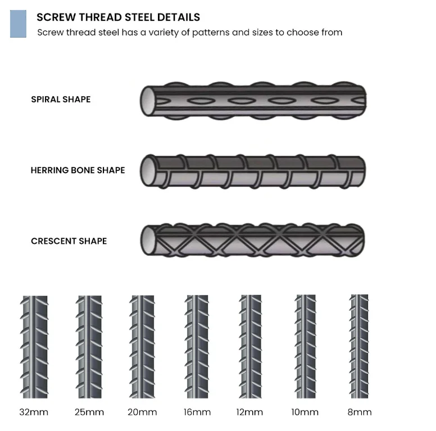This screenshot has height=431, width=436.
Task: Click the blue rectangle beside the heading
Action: [18, 24]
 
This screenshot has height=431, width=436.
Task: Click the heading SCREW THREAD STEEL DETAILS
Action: [118, 17]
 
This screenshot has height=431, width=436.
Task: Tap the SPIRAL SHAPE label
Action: [61, 99]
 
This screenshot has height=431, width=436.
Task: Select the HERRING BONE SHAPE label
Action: [78, 170]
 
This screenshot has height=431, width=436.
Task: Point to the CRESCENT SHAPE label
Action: [69, 241]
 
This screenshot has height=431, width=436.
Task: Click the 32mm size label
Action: [34, 412]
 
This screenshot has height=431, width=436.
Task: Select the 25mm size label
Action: [89, 412]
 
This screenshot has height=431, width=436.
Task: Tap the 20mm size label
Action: [142, 412]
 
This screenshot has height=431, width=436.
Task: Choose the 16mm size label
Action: [197, 412]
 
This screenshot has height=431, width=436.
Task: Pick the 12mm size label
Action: [249, 412]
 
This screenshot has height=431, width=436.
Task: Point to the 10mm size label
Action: [305, 412]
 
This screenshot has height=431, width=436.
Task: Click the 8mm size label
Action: [360, 412]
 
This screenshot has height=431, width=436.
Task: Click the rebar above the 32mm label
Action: [34, 346]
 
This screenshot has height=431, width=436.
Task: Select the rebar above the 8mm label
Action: [359, 346]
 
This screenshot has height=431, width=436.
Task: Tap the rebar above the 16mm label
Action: [197, 346]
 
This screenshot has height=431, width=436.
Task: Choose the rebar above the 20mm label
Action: [142, 346]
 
